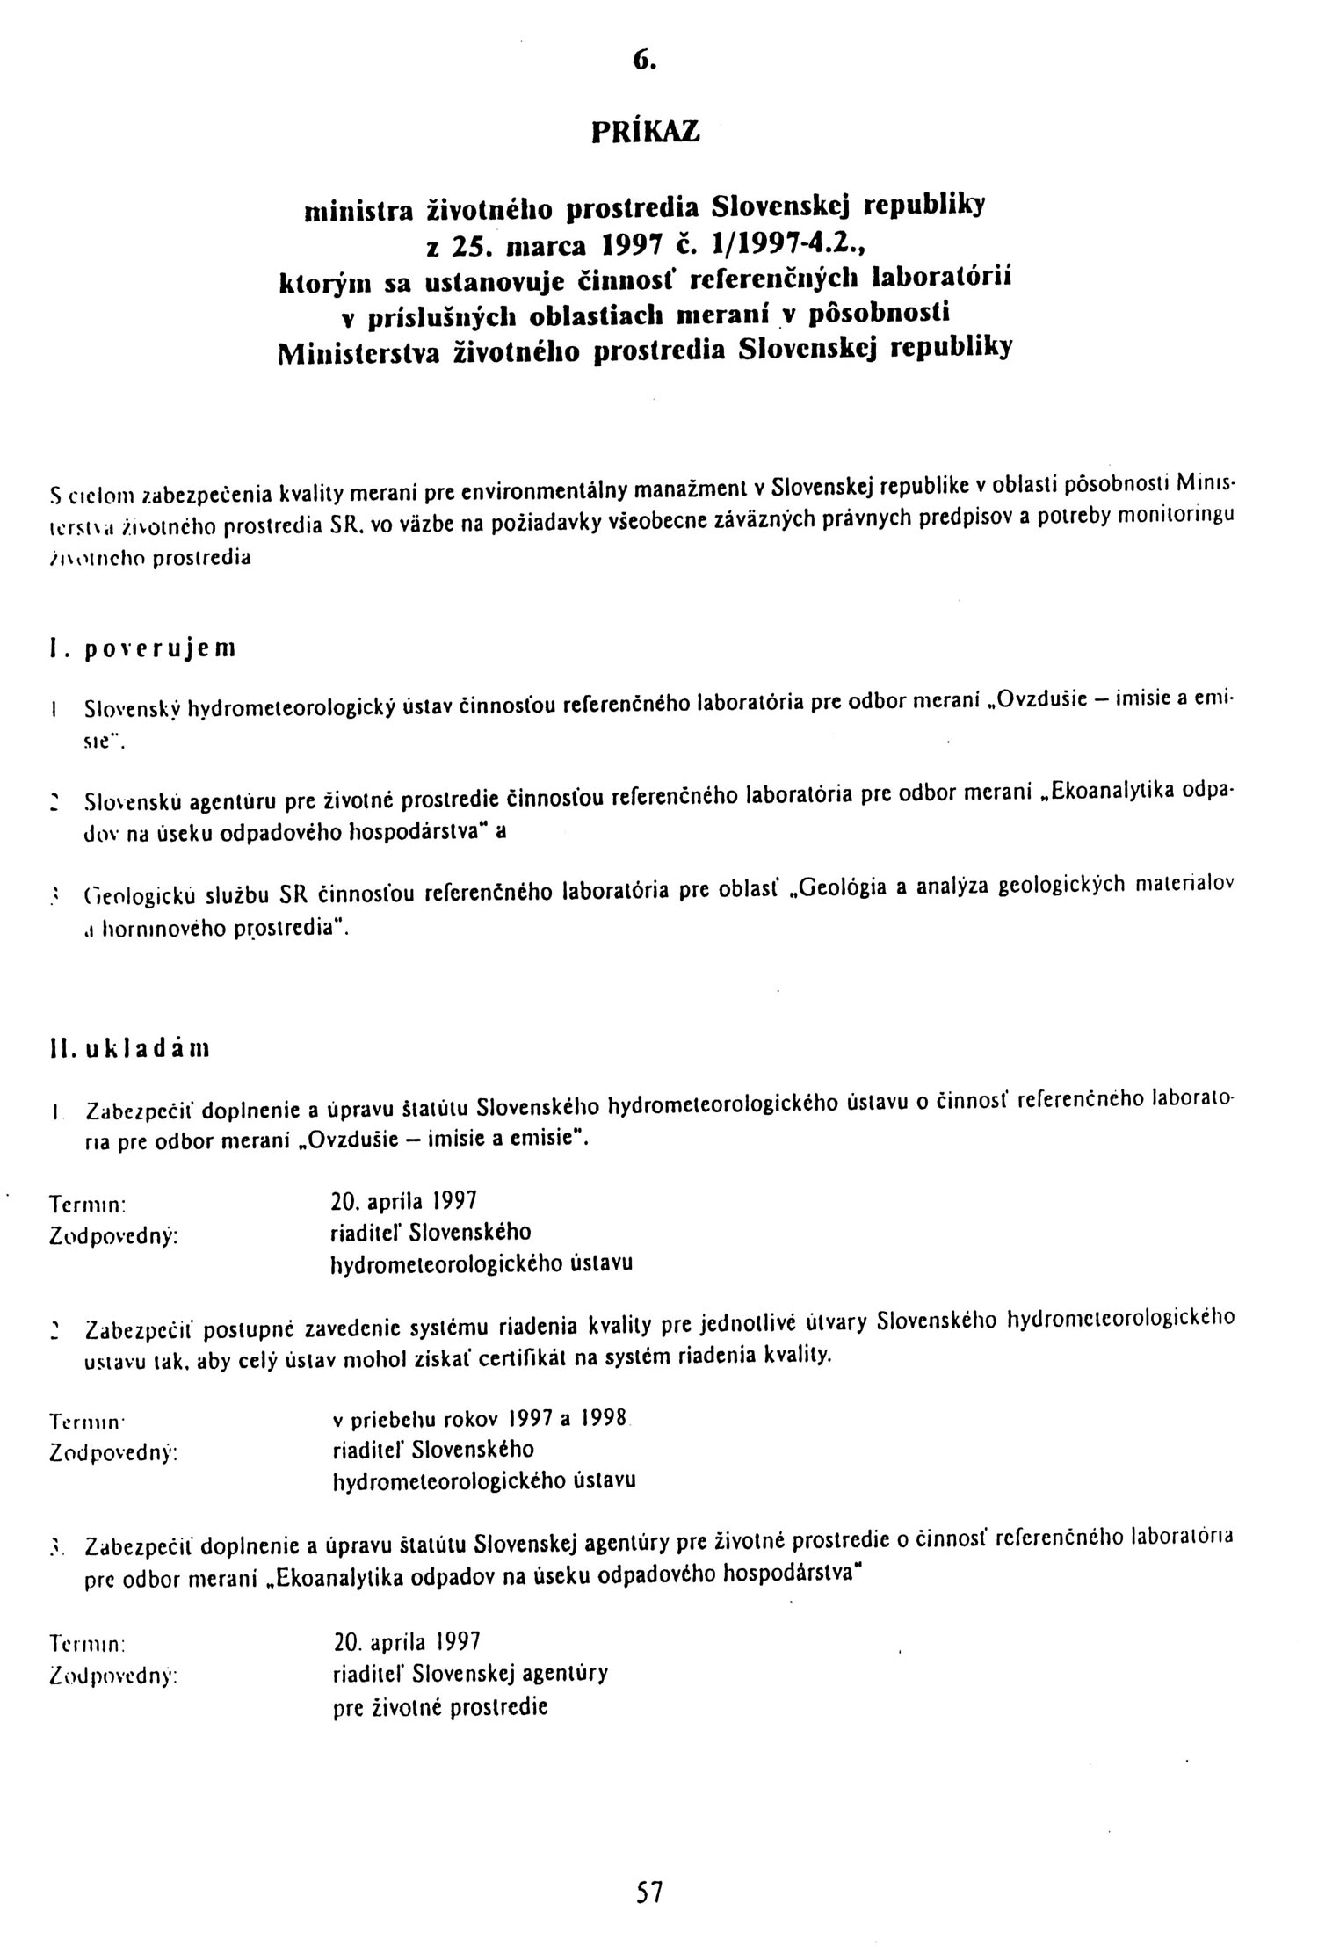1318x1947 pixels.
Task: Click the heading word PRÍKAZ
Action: (x=645, y=132)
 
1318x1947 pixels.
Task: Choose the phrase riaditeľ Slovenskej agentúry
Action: (x=470, y=1672)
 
